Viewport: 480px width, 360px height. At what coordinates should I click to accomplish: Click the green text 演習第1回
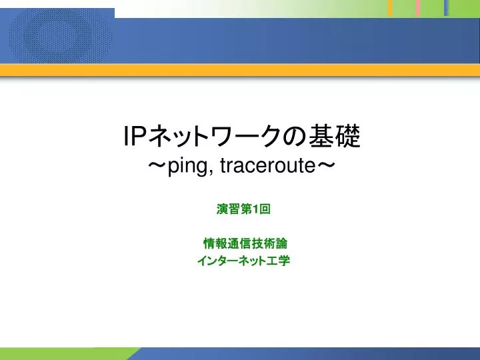(x=243, y=209)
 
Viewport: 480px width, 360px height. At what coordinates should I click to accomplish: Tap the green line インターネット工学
(x=243, y=260)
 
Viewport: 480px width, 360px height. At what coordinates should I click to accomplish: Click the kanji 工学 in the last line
(x=280, y=260)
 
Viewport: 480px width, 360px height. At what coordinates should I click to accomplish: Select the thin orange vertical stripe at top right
(x=391, y=8)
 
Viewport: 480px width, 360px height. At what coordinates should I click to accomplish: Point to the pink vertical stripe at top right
(x=418, y=8)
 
